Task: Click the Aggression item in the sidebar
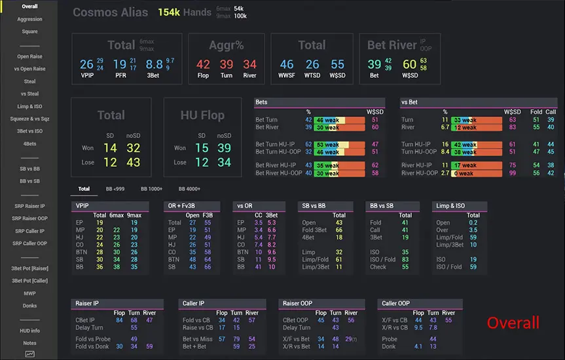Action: coord(29,19)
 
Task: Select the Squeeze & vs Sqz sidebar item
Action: coord(29,118)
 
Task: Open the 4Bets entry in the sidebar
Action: coord(29,143)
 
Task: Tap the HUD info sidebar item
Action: coord(29,331)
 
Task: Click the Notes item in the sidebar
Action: coord(29,343)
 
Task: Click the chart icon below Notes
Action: coord(30,354)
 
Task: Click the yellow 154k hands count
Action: coord(169,12)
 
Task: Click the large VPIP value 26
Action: coord(86,64)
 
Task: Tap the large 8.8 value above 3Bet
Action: coord(155,64)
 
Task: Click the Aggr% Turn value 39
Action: coord(227,64)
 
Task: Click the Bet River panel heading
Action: coord(391,45)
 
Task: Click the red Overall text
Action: coord(513,323)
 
